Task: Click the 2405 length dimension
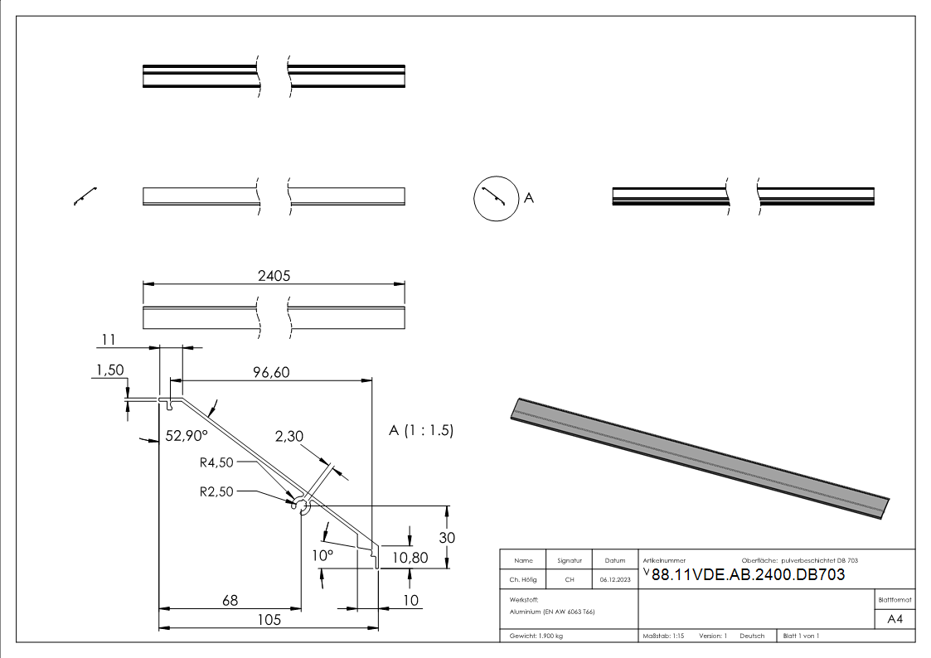[274, 276]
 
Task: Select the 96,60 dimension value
[271, 373]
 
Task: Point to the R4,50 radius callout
[217, 462]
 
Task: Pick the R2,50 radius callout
[217, 491]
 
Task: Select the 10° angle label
[322, 554]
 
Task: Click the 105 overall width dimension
[268, 619]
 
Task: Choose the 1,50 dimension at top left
[109, 370]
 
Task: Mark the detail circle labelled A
[494, 199]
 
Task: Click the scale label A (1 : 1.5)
[421, 431]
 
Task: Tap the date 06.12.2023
[614, 580]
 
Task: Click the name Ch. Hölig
[523, 580]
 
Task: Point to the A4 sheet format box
[895, 619]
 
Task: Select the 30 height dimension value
[447, 537]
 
